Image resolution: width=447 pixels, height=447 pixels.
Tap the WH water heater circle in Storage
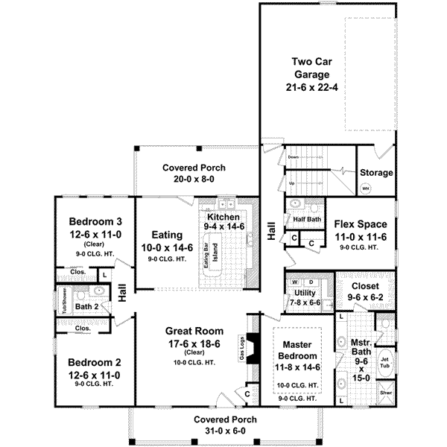click(366, 189)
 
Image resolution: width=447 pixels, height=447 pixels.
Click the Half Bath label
click(306, 220)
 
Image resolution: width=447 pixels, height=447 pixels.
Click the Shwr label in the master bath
click(385, 393)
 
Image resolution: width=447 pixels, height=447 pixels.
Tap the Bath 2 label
click(87, 306)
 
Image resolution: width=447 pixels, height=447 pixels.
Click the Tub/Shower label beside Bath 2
click(66, 301)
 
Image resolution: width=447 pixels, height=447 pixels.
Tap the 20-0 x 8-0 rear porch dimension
click(194, 179)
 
